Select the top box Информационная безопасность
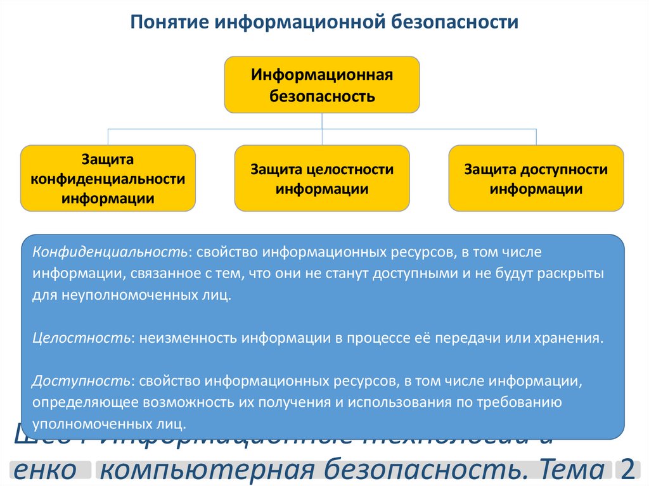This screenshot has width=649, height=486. (322, 85)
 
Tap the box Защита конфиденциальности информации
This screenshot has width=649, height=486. (108, 178)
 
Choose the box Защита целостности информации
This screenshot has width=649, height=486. (322, 178)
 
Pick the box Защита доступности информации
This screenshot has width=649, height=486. (536, 178)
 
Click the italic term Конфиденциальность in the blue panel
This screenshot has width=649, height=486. (110, 252)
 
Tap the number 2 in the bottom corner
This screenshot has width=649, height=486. (628, 470)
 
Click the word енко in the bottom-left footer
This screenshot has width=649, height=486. (43, 470)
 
